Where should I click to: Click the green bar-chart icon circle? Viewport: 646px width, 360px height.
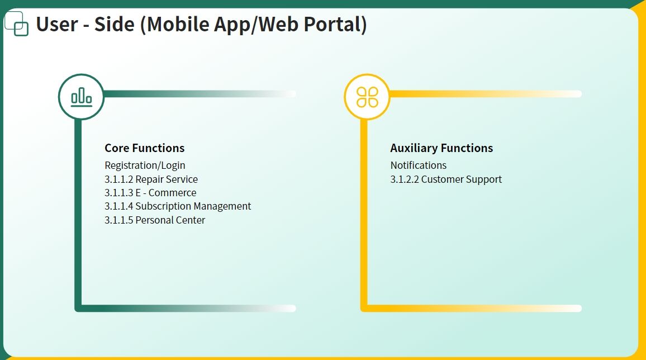point(81,97)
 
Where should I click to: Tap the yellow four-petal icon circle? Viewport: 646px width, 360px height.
point(367,97)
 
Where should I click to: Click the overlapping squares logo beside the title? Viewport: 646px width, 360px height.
point(16,24)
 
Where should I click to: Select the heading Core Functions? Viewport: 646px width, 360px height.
point(145,148)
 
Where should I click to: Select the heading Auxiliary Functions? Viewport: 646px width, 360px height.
point(441,148)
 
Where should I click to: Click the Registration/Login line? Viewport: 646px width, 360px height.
point(145,165)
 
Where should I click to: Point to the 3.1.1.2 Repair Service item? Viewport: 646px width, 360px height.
point(151,179)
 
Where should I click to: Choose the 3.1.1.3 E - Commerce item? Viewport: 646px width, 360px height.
point(150,193)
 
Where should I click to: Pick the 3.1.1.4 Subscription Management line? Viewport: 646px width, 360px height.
point(178,206)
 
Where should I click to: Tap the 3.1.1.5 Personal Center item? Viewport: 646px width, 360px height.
point(155,220)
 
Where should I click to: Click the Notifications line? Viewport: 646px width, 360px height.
point(419,165)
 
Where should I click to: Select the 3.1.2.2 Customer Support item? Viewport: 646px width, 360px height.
point(446,179)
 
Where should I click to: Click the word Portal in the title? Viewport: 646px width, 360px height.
point(335,24)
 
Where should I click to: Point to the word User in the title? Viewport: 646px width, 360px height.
point(57,24)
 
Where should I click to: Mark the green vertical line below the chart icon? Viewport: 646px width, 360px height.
point(78,214)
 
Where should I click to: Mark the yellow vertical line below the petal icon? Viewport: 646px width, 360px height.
point(364,214)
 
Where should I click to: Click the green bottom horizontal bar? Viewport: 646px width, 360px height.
point(186,309)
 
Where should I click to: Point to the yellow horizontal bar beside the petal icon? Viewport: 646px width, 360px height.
point(486,94)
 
